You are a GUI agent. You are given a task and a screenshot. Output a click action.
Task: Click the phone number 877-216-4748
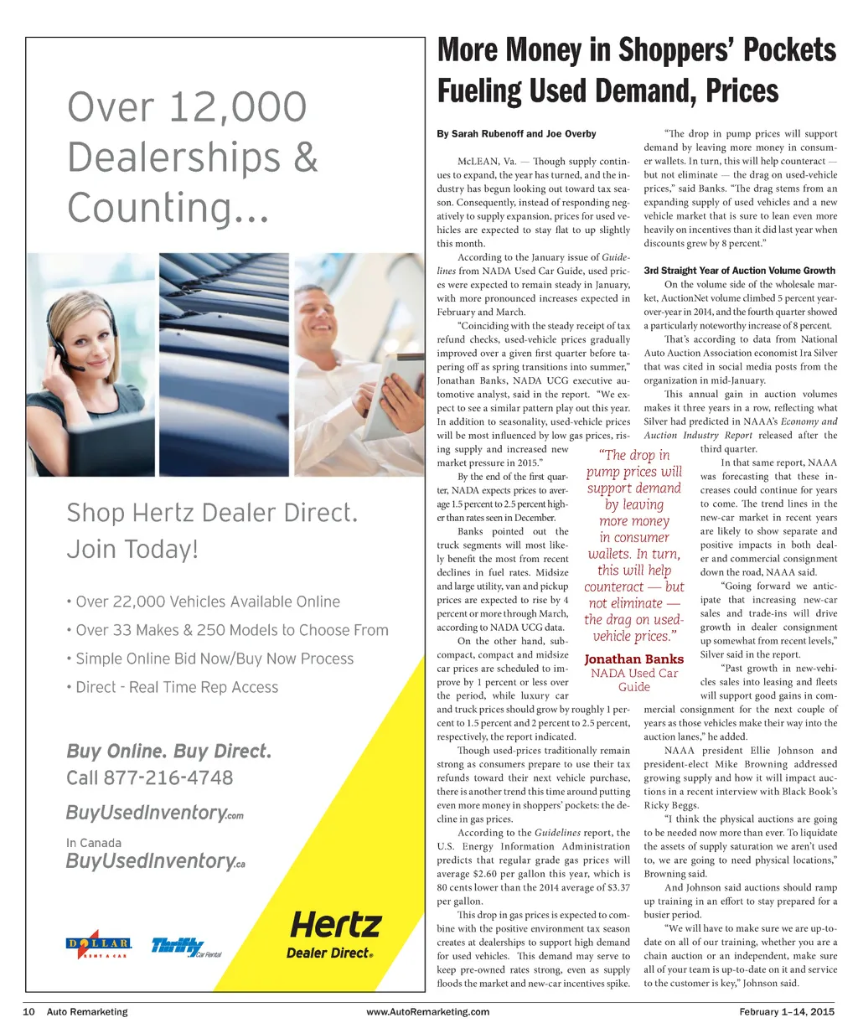tap(168, 777)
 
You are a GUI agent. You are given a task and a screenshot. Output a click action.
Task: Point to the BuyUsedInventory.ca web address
tap(156, 860)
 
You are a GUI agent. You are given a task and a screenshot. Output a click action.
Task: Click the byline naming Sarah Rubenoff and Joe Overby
tap(516, 133)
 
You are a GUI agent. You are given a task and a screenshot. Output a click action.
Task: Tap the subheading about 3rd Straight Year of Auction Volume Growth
tap(739, 271)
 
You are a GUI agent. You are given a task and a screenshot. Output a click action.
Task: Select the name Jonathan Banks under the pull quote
tap(633, 659)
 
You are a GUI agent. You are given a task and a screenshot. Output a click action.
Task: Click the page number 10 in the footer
tap(28, 1011)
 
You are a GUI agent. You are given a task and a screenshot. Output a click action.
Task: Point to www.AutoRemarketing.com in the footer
tap(428, 1011)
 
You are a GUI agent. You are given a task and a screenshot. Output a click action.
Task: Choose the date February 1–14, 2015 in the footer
tap(787, 1011)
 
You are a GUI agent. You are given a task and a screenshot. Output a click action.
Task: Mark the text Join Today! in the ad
tap(132, 549)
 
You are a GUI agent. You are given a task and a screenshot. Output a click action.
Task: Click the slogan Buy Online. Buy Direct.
tap(168, 751)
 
